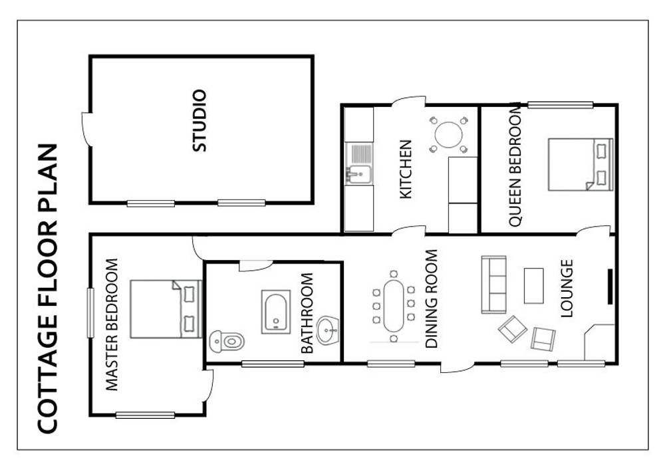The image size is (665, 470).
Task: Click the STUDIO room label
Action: [x=199, y=121]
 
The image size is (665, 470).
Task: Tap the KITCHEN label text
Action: [x=406, y=169]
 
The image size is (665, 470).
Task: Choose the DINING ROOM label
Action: [x=432, y=299]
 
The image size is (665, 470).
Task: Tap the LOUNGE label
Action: [x=567, y=289]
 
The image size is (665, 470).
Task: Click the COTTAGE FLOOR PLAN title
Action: [x=47, y=289]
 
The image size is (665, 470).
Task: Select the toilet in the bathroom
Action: [x=226, y=342]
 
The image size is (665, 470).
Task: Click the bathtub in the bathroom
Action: [x=275, y=311]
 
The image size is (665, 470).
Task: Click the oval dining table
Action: [x=394, y=306]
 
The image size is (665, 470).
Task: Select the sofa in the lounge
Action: [x=493, y=285]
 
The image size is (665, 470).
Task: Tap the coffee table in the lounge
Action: [x=534, y=286]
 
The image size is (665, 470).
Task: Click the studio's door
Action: [x=86, y=130]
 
